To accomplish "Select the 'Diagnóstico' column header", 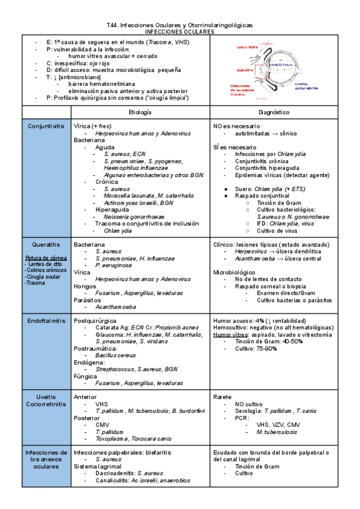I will tap(290, 112).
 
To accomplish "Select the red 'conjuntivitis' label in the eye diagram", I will tap(247, 47).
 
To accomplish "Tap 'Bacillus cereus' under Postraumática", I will tap(119, 355).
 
